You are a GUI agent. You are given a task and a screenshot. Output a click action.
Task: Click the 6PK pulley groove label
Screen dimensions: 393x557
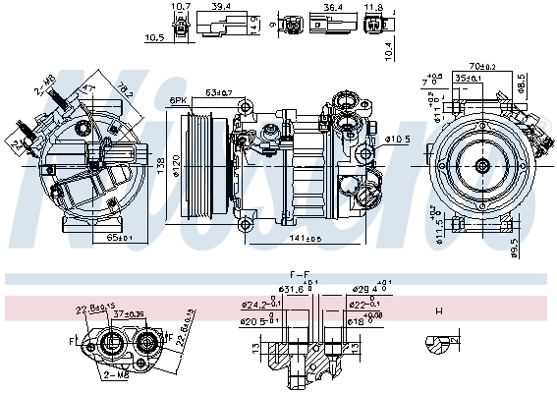(178, 100)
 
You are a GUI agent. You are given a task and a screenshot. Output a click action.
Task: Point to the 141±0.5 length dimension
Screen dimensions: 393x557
(306, 239)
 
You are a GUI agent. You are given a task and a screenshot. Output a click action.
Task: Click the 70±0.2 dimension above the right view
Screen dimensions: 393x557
(481, 67)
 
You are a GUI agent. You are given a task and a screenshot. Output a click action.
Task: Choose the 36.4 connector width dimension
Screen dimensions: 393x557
(333, 7)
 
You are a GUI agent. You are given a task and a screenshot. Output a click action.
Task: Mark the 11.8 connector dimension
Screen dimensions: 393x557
(373, 7)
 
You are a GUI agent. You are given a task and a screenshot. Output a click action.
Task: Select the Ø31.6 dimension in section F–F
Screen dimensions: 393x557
(260, 289)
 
